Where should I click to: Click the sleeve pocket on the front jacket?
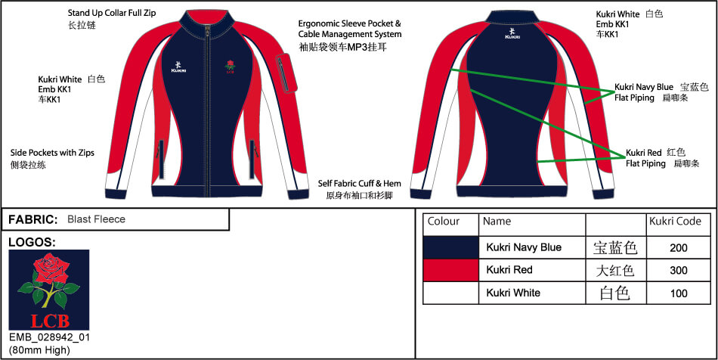click(x=287, y=73)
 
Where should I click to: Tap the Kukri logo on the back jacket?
click(x=512, y=33)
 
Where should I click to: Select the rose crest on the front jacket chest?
click(x=230, y=67)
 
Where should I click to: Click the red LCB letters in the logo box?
click(x=49, y=321)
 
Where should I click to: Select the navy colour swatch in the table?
click(x=450, y=248)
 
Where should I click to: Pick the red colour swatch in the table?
click(x=450, y=270)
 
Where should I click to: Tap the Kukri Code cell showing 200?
click(x=678, y=248)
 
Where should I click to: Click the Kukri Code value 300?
click(x=678, y=270)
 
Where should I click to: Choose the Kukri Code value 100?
click(x=678, y=293)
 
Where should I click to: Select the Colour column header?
click(x=443, y=222)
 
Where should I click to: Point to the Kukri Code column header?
click(x=675, y=222)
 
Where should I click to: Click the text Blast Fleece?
click(x=96, y=219)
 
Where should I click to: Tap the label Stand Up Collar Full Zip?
click(x=112, y=13)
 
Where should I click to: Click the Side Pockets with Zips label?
click(x=52, y=153)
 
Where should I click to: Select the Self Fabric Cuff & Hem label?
click(x=360, y=184)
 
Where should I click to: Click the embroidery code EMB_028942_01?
click(x=49, y=338)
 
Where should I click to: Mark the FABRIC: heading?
click(x=33, y=219)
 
